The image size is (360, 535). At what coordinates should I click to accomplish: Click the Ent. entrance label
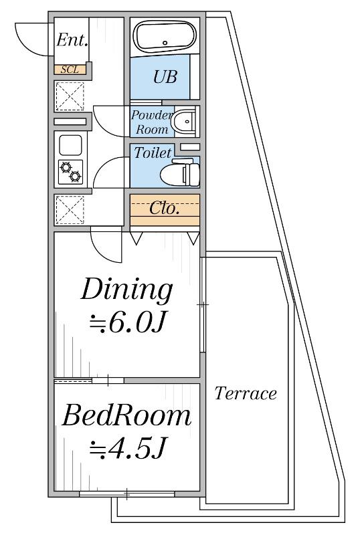point(72,40)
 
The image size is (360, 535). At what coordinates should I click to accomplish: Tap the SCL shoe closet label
point(70,70)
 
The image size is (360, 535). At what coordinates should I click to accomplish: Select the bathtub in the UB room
point(165,36)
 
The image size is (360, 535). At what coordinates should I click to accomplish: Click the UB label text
point(165,77)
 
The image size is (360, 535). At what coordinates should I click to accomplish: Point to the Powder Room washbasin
point(184,122)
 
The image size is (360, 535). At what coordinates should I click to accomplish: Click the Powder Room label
point(151,122)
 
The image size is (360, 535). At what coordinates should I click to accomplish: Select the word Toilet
point(153,152)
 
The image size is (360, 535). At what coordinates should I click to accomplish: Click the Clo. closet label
point(165,208)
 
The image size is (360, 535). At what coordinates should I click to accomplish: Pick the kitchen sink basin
point(70,145)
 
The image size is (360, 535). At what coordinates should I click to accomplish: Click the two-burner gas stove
point(70,172)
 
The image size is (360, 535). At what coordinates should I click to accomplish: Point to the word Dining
point(126,290)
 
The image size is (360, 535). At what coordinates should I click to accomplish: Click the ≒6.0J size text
point(127,323)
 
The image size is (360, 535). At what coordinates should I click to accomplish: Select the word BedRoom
point(126,415)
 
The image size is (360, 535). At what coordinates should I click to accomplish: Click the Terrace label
point(246,393)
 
